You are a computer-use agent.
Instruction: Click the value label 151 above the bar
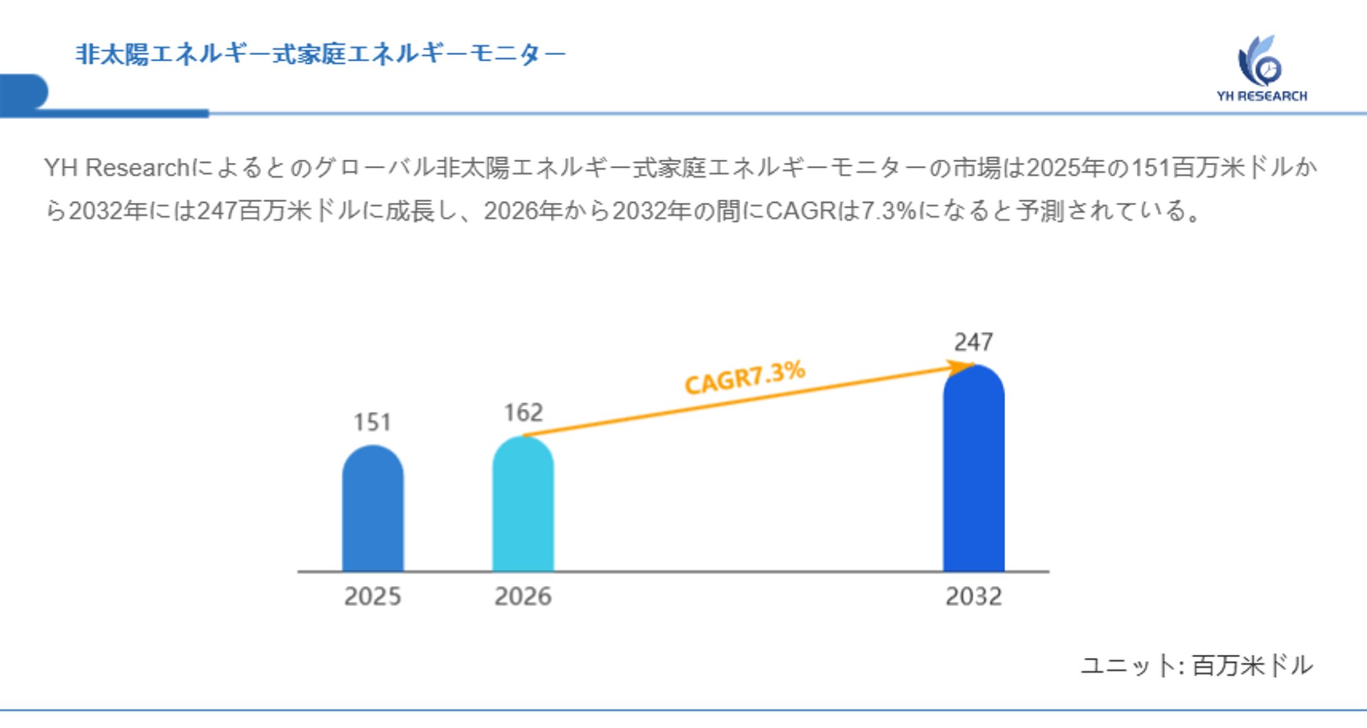[372, 423]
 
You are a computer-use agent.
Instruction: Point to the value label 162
[523, 413]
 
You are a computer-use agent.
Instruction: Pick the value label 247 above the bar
[973, 342]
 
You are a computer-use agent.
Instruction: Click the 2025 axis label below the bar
[372, 597]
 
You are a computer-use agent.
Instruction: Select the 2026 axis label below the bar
[523, 597]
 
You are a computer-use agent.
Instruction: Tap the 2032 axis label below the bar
[973, 597]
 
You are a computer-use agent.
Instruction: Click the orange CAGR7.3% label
[745, 377]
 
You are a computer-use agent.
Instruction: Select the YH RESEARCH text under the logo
[1261, 96]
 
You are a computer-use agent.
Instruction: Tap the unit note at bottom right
[1196, 665]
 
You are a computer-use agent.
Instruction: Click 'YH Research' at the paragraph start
[116, 168]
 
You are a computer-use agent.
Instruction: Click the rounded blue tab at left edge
[24, 93]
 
